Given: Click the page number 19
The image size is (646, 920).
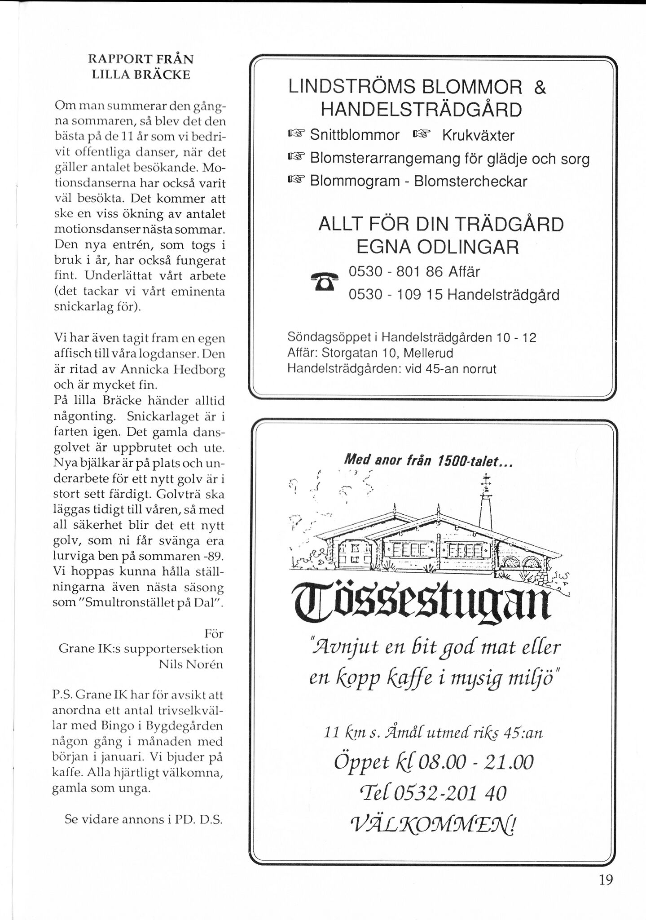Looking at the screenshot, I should (606, 880).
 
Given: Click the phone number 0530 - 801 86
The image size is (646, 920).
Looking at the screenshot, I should (396, 272).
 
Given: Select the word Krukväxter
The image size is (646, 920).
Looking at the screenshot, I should (478, 135).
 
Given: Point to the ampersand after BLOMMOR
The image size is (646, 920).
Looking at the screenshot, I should (540, 87).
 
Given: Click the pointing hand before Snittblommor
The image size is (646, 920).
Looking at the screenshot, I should (296, 134).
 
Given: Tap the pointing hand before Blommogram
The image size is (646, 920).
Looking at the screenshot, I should (296, 181).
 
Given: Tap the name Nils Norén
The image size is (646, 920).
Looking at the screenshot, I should (191, 664).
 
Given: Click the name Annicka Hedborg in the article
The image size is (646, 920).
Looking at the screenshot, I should (173, 370).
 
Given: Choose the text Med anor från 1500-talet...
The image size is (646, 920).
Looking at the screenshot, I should (427, 460).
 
